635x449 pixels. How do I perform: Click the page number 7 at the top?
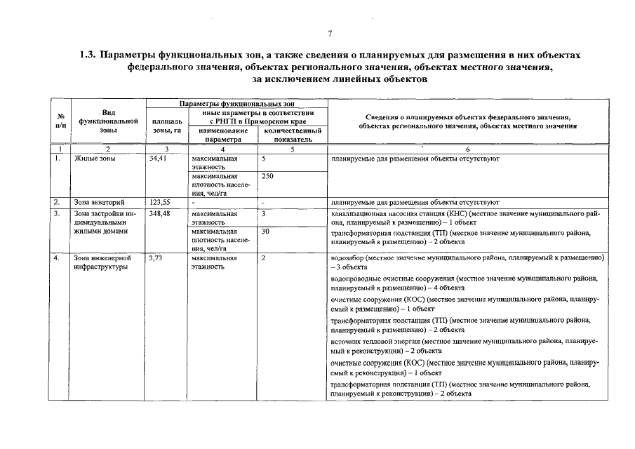click(x=329, y=34)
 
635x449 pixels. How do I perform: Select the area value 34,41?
click(x=160, y=159)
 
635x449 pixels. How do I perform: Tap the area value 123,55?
click(x=161, y=203)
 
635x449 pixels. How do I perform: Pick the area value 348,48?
click(x=161, y=213)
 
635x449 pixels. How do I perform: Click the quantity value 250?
click(x=267, y=177)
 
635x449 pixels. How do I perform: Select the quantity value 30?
click(x=265, y=231)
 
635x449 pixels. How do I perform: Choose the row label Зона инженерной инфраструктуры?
click(x=101, y=263)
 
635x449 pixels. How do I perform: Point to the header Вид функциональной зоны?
click(x=108, y=121)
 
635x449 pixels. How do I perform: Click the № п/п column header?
click(x=60, y=121)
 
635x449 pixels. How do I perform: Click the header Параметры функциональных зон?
click(x=236, y=104)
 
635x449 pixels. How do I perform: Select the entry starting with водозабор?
click(x=467, y=263)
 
